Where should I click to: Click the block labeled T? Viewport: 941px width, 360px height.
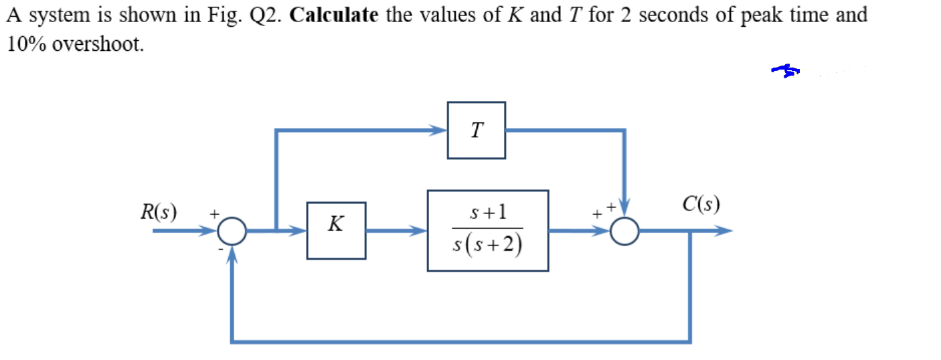tap(476, 130)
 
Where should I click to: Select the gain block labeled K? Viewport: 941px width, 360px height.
tap(336, 230)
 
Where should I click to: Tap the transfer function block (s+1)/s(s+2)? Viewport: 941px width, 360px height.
tap(487, 230)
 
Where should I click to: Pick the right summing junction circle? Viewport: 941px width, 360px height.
tap(626, 231)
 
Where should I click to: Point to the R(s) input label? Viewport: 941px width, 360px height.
tap(159, 213)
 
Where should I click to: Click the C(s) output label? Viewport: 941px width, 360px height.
tap(701, 203)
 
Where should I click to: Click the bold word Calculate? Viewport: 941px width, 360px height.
tap(333, 15)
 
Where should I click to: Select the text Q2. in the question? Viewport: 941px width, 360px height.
tap(266, 15)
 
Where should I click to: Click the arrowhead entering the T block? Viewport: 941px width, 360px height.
tap(440, 130)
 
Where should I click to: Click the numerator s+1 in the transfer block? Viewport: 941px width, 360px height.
tap(487, 213)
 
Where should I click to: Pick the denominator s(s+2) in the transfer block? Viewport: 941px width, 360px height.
tap(487, 247)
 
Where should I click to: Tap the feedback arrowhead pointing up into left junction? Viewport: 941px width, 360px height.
tap(232, 253)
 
